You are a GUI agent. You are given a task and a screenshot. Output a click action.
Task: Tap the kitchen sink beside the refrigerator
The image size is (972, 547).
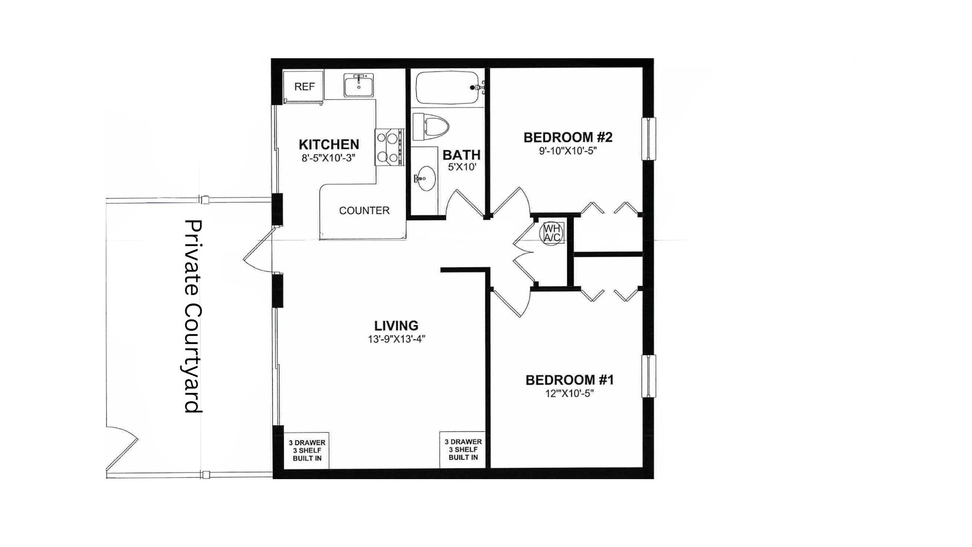[x=359, y=85]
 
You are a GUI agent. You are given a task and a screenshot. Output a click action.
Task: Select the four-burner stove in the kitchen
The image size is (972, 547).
[x=389, y=147]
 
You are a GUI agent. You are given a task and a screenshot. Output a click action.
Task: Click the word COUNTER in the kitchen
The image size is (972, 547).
[x=364, y=210]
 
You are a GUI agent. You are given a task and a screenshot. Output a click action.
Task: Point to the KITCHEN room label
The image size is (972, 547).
[x=329, y=144]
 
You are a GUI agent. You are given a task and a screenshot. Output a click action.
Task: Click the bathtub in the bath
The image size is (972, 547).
[x=448, y=87]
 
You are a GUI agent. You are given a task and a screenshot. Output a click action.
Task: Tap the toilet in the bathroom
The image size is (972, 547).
[x=431, y=126]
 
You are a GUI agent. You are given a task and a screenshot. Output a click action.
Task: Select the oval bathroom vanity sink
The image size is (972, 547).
[x=425, y=178]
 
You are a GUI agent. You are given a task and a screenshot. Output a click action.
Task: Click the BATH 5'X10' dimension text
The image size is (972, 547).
[x=462, y=167]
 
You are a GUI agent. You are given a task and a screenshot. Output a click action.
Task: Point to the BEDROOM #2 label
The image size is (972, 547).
[x=568, y=137]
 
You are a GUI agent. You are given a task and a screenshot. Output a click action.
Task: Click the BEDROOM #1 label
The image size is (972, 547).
[x=570, y=380]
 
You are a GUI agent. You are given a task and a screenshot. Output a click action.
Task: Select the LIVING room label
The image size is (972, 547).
[x=396, y=326]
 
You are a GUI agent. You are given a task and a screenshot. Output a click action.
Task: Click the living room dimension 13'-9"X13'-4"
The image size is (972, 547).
[x=396, y=339]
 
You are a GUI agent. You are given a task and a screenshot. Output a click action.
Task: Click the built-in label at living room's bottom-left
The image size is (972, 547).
[x=307, y=450]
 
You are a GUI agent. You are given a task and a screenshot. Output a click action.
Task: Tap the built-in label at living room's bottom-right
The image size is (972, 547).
[x=463, y=449]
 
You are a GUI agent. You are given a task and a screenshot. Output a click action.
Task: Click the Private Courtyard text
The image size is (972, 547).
[x=193, y=316]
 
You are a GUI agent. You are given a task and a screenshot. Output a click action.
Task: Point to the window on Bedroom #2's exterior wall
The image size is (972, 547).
[x=649, y=139]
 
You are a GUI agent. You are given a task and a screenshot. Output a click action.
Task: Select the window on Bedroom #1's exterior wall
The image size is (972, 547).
[x=649, y=376]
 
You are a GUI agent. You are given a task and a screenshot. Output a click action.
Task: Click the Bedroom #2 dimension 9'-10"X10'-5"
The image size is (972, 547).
[x=568, y=151]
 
